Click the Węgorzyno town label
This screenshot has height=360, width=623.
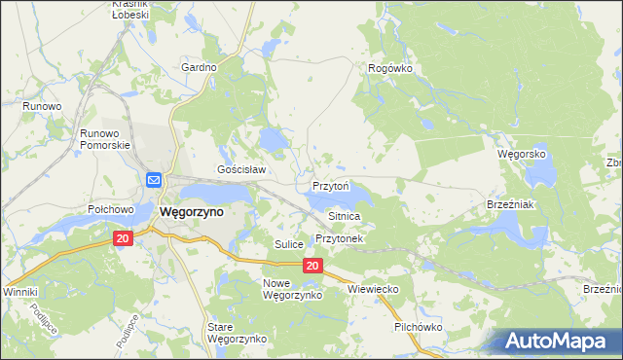191,211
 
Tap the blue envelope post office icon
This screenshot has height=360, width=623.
155,180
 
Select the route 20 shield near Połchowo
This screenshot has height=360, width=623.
122,238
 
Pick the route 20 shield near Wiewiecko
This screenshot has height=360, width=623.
311,265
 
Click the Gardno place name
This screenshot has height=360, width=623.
199,67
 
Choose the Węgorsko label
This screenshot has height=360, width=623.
522,155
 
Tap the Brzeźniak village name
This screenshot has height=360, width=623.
507,204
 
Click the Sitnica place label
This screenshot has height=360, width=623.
345,216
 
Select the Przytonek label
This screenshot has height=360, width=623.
339,238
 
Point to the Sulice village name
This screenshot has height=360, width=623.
289,243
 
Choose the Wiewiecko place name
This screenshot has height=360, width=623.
375,289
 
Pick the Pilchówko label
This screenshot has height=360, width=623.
419,327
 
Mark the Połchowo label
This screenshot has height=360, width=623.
110,209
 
